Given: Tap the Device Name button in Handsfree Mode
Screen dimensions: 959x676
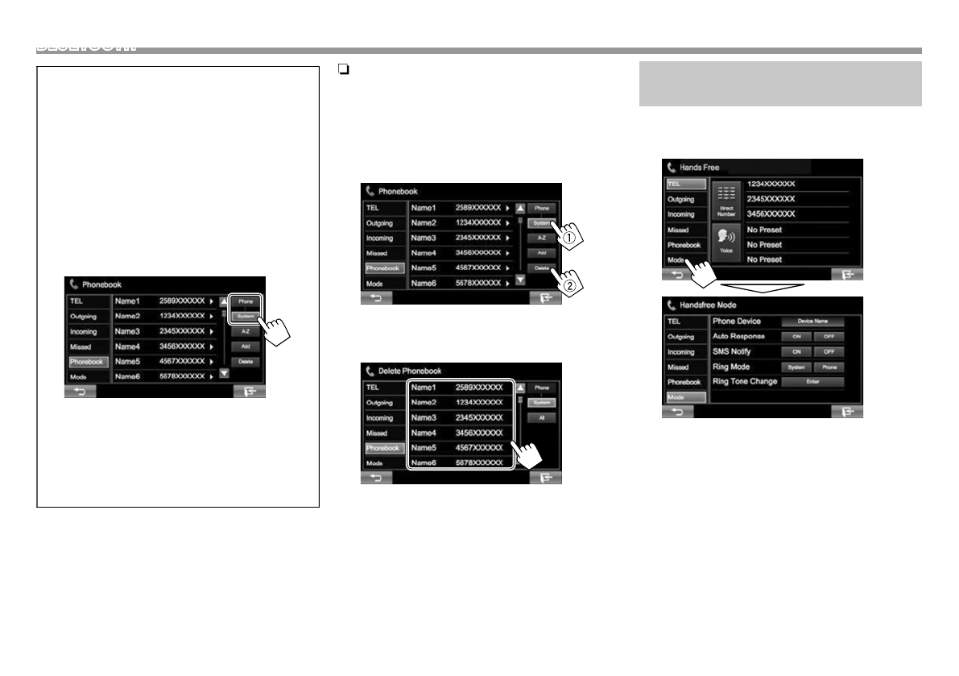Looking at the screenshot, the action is coord(812,321).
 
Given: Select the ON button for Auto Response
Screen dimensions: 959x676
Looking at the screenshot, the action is coord(796,337).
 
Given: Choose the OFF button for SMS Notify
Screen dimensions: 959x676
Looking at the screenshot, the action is coord(829,352).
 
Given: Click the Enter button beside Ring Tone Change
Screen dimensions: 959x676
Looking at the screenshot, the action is coord(812,382).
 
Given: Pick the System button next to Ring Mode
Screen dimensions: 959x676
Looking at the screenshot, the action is coord(796,367).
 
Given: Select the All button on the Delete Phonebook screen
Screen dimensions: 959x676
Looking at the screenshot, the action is coord(541,418).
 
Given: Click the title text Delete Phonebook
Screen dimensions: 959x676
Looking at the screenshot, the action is coord(410,371).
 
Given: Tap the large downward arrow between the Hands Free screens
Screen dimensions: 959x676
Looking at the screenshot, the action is coord(762,288).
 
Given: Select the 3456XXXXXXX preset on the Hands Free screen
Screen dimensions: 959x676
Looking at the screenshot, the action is coord(771,214).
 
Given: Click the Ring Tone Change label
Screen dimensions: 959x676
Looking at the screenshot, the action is coord(745,381).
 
